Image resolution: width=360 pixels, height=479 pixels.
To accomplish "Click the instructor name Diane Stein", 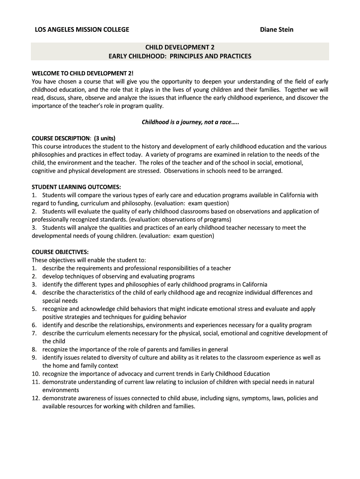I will point(276,30).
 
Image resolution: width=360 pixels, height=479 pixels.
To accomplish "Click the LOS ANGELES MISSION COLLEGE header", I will point(82,30).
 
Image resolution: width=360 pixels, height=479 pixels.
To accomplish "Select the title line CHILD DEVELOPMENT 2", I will point(180,47).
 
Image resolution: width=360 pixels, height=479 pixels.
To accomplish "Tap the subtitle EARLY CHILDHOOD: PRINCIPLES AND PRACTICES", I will point(180,56).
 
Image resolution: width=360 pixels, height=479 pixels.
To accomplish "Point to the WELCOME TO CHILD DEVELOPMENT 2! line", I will point(82,73).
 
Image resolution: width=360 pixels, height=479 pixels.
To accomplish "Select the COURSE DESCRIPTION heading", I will point(61,138).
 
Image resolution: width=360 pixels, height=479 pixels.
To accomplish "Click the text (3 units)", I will point(104,138).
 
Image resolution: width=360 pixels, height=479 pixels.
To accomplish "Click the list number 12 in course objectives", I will point(36,399).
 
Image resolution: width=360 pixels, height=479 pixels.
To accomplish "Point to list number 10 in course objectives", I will point(36,374).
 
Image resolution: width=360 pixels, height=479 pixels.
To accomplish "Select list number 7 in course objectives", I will point(34,334).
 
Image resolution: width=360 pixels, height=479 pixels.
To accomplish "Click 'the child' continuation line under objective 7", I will point(54,341).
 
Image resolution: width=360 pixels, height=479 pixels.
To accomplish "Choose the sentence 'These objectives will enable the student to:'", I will point(89,260).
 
